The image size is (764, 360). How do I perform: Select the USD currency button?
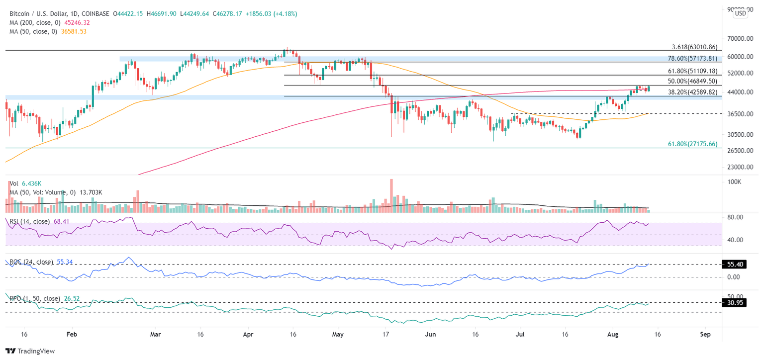point(740,13)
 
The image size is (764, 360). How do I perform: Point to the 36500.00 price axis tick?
point(736,114)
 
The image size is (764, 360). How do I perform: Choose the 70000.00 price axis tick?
point(736,39)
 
